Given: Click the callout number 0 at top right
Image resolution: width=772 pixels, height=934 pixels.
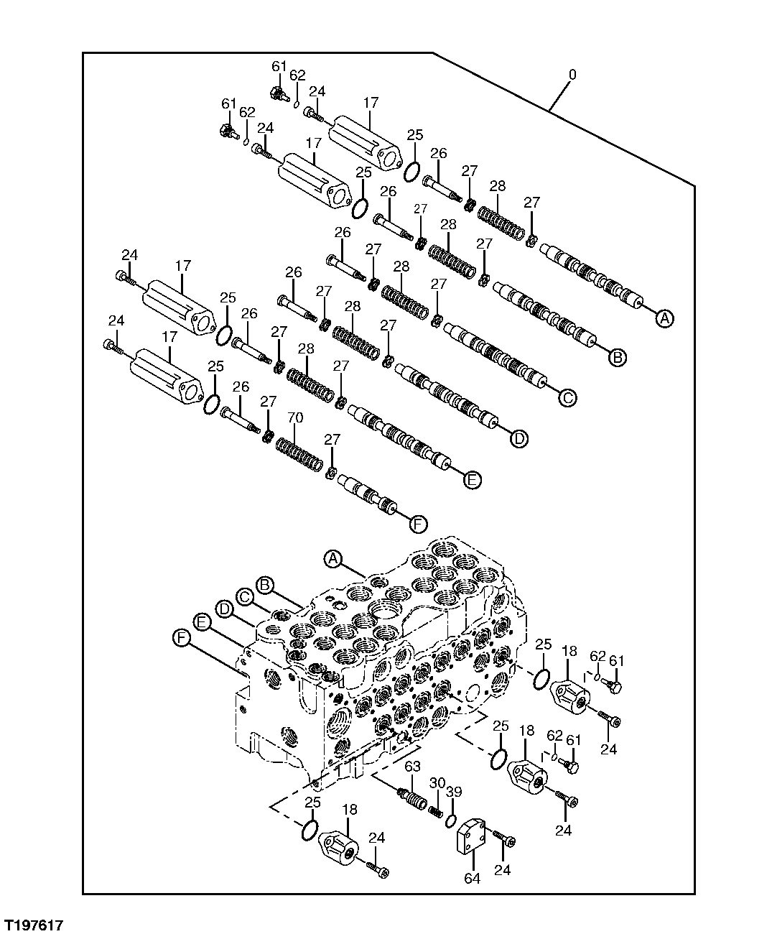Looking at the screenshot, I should pos(572,75).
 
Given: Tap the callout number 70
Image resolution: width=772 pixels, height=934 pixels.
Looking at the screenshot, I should pos(295,417).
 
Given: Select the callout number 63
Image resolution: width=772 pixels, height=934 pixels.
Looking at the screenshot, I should pos(412,767).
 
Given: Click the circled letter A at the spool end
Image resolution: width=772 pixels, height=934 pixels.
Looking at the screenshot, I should pos(665,318).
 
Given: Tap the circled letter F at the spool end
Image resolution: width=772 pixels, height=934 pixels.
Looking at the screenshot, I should pos(418,524).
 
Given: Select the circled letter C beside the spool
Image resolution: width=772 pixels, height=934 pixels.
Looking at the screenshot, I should pos(566,397).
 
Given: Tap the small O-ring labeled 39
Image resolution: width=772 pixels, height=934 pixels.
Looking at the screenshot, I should pos(451,820).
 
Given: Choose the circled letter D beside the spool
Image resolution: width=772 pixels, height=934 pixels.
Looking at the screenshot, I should pos(518,438).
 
